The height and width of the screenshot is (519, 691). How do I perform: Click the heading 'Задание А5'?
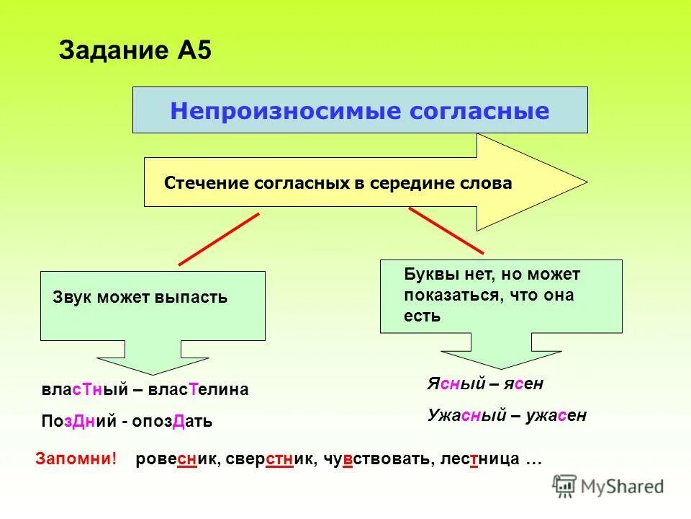pos(135,51)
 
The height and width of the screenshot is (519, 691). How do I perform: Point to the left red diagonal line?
pos(218,239)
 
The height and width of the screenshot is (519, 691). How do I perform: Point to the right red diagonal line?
pos(446,229)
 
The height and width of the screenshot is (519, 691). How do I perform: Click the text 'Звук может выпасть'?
pos(140,297)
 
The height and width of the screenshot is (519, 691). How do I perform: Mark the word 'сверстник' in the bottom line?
pos(271,459)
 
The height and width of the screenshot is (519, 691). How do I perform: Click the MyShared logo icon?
pos(565,486)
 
